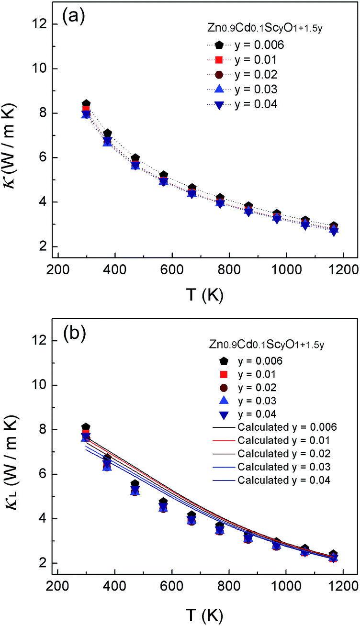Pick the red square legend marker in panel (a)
click(x=219, y=60)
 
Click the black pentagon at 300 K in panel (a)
click(x=86, y=104)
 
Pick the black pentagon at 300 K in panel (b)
click(x=86, y=427)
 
